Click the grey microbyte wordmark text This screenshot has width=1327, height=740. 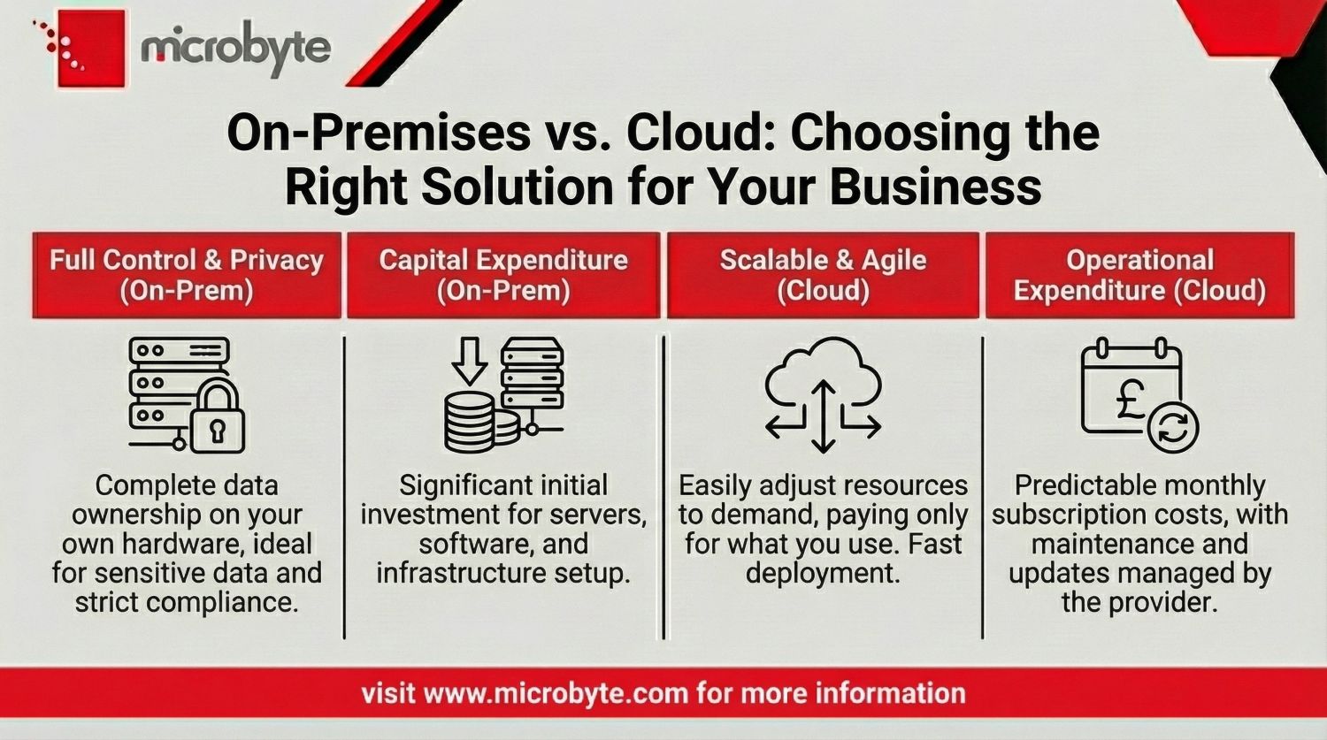tap(235, 48)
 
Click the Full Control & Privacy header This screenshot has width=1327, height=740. tap(187, 275)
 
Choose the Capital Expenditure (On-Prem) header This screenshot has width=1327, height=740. tap(503, 275)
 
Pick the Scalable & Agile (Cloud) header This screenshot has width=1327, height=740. tap(823, 275)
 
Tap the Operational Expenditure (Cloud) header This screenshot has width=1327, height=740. tap(1139, 275)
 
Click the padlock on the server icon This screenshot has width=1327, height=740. tap(216, 420)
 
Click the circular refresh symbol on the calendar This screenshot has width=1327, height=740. tap(1173, 426)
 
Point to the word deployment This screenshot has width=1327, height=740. tap(822, 573)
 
